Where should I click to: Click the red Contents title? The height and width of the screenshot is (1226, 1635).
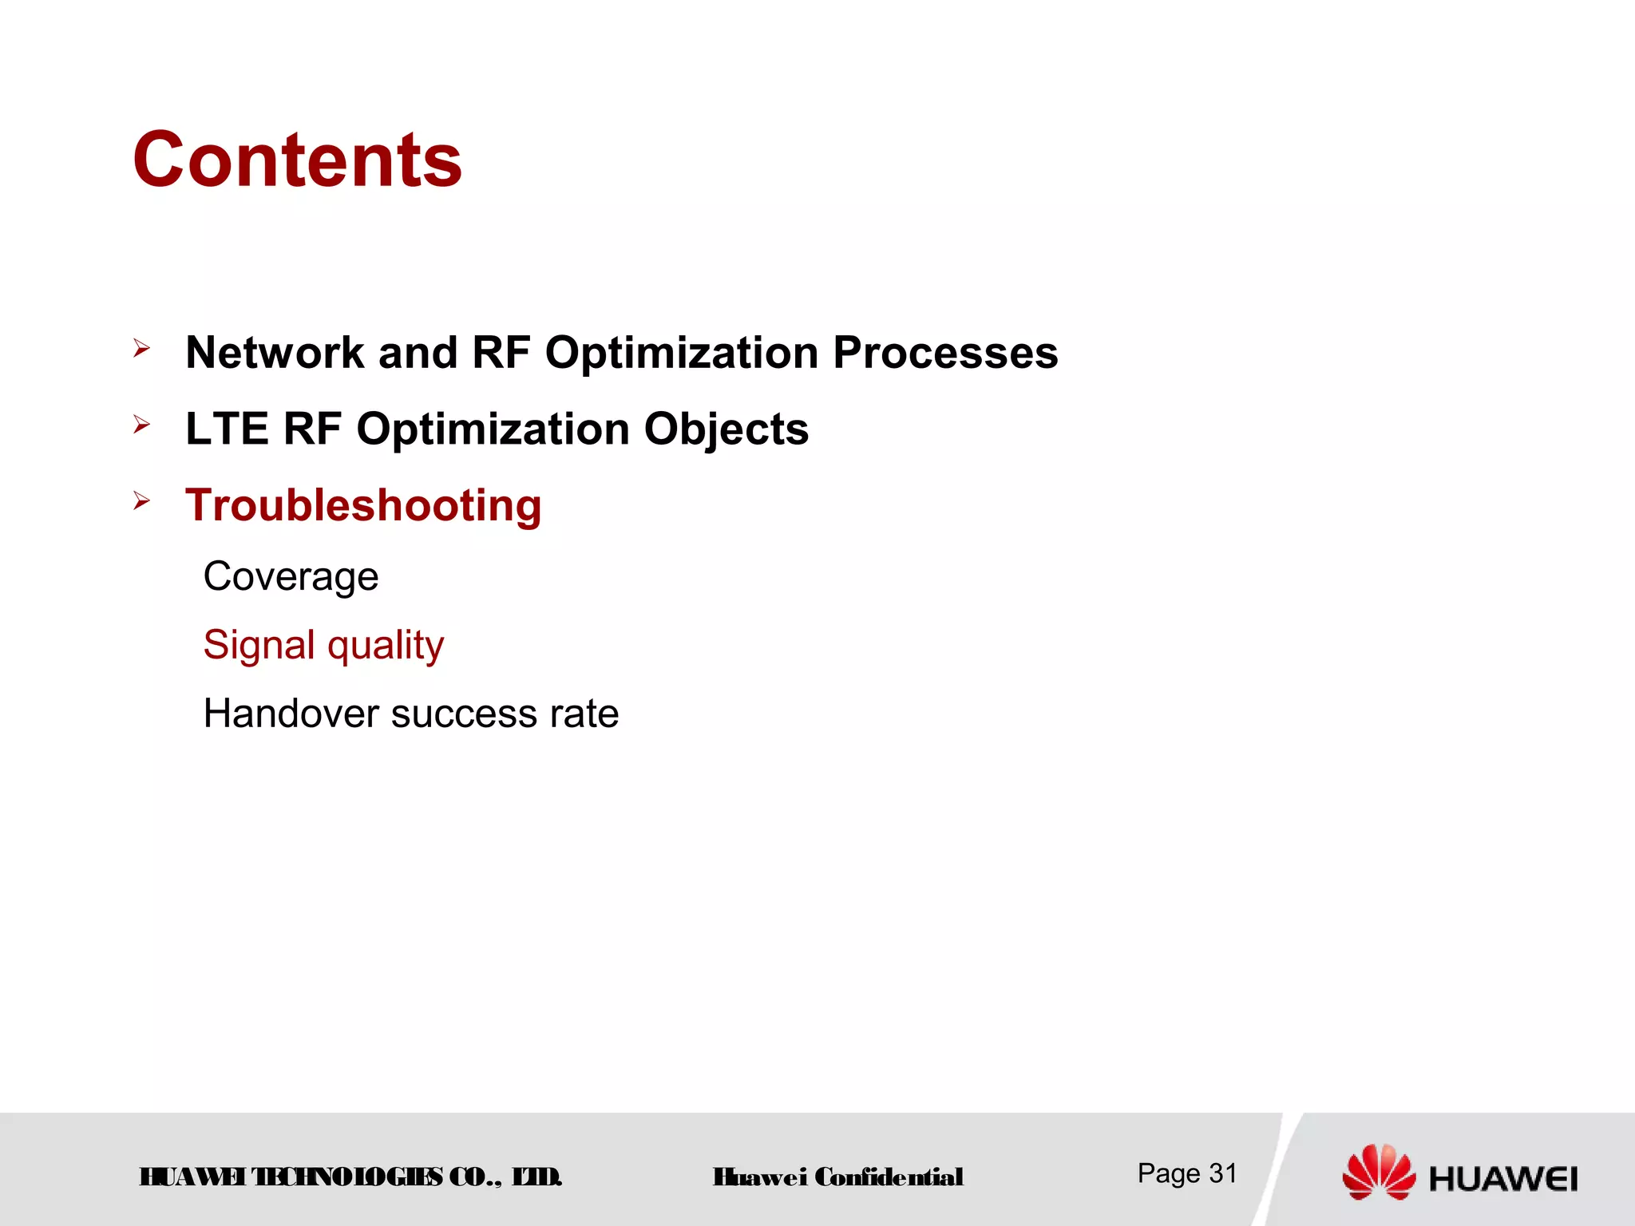(297, 160)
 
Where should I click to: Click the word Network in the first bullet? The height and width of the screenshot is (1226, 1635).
(275, 353)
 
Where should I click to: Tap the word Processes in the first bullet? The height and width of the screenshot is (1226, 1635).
(945, 353)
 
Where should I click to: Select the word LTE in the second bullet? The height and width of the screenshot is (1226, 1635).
(227, 429)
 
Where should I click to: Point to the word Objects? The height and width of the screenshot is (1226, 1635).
(726, 429)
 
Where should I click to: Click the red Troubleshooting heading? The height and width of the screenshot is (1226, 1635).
(363, 506)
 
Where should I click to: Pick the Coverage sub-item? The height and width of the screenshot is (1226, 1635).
(291, 576)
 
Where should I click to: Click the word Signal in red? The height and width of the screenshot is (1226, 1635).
(259, 645)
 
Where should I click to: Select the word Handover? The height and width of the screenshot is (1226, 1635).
(290, 714)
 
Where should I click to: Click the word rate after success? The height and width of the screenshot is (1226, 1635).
(584, 714)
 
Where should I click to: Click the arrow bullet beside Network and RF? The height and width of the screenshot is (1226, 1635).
(142, 348)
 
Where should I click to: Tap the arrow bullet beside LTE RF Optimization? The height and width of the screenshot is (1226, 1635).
(142, 425)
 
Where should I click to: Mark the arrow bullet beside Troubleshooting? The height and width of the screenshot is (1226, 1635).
(142, 501)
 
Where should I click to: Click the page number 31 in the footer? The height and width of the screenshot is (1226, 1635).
(1222, 1173)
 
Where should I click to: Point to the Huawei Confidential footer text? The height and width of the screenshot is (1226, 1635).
(838, 1177)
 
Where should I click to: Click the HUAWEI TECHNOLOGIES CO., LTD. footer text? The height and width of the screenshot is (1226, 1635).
(350, 1177)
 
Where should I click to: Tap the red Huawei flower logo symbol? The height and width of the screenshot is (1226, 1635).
(1379, 1171)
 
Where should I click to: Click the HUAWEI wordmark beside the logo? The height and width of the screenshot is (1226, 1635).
(1502, 1179)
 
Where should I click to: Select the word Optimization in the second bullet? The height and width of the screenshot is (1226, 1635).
(493, 429)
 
